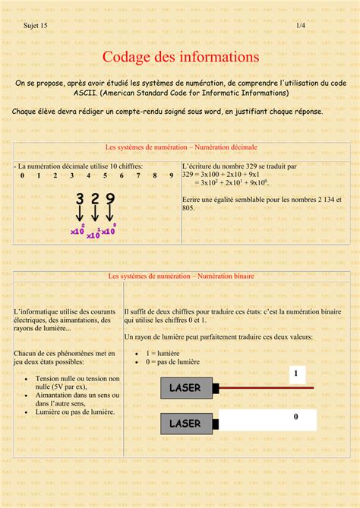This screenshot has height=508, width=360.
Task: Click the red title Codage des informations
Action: (181, 57)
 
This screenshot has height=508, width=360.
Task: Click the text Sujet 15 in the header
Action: (35, 26)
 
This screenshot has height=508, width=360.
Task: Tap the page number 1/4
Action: (301, 26)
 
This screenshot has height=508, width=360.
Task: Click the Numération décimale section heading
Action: (181, 147)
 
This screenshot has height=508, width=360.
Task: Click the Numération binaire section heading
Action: (181, 277)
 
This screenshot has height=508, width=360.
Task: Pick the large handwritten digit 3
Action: (80, 200)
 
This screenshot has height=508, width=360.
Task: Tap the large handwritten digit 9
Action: (110, 200)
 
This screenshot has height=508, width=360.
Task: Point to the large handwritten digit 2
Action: (95, 200)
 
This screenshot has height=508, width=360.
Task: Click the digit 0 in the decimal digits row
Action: (22, 175)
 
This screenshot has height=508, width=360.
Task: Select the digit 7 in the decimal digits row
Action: (138, 175)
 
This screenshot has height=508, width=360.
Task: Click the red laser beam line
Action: (266, 388)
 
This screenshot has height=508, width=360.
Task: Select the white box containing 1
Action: (295, 374)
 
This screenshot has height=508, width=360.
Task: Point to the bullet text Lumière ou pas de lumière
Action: (75, 412)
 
